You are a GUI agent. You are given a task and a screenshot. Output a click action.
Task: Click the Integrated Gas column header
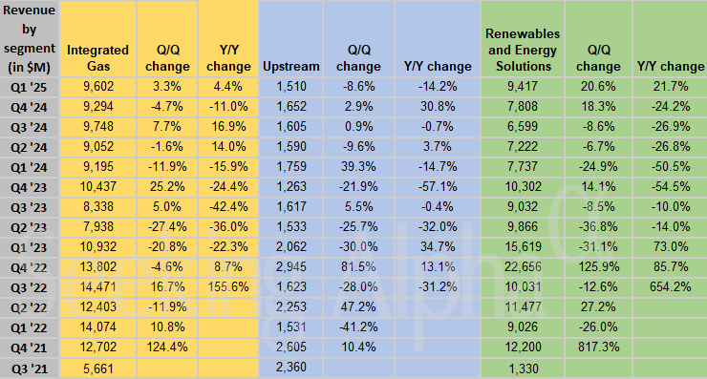(93, 57)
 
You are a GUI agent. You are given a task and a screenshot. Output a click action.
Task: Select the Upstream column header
(283, 67)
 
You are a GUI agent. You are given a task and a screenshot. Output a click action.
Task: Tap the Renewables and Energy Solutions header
(522, 50)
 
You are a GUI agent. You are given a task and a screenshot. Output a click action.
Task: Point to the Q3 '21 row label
(29, 368)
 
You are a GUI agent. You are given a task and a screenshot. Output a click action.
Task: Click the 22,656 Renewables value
(522, 265)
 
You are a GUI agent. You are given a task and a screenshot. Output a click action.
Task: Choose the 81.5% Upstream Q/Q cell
(357, 265)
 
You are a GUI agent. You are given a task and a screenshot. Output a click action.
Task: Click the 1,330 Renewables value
(522, 368)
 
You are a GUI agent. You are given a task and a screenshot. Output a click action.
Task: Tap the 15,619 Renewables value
(522, 245)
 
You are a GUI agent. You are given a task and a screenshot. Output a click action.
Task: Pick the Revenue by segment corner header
(29, 38)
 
